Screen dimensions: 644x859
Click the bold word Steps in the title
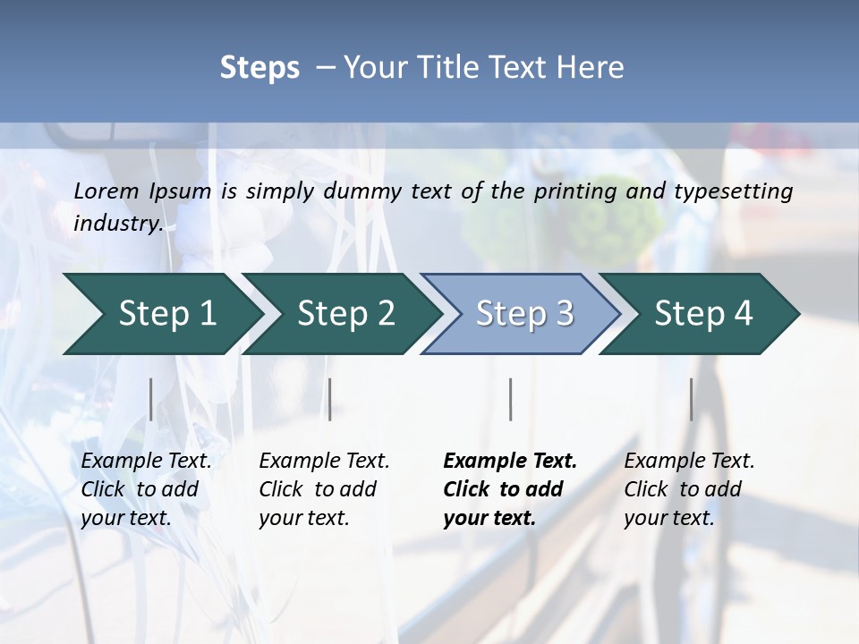[259, 68]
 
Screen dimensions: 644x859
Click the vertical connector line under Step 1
[151, 399]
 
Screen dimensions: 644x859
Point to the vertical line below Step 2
[330, 399]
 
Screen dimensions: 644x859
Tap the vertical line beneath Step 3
[511, 399]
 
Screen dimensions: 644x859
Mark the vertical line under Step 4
[692, 399]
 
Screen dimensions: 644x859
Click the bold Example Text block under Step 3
[510, 489]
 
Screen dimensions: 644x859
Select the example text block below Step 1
[146, 489]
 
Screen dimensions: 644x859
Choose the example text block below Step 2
[324, 489]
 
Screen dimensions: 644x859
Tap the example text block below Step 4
[689, 489]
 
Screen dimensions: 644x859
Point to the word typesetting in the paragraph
[733, 191]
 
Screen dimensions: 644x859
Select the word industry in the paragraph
[117, 224]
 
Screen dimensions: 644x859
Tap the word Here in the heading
[592, 68]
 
